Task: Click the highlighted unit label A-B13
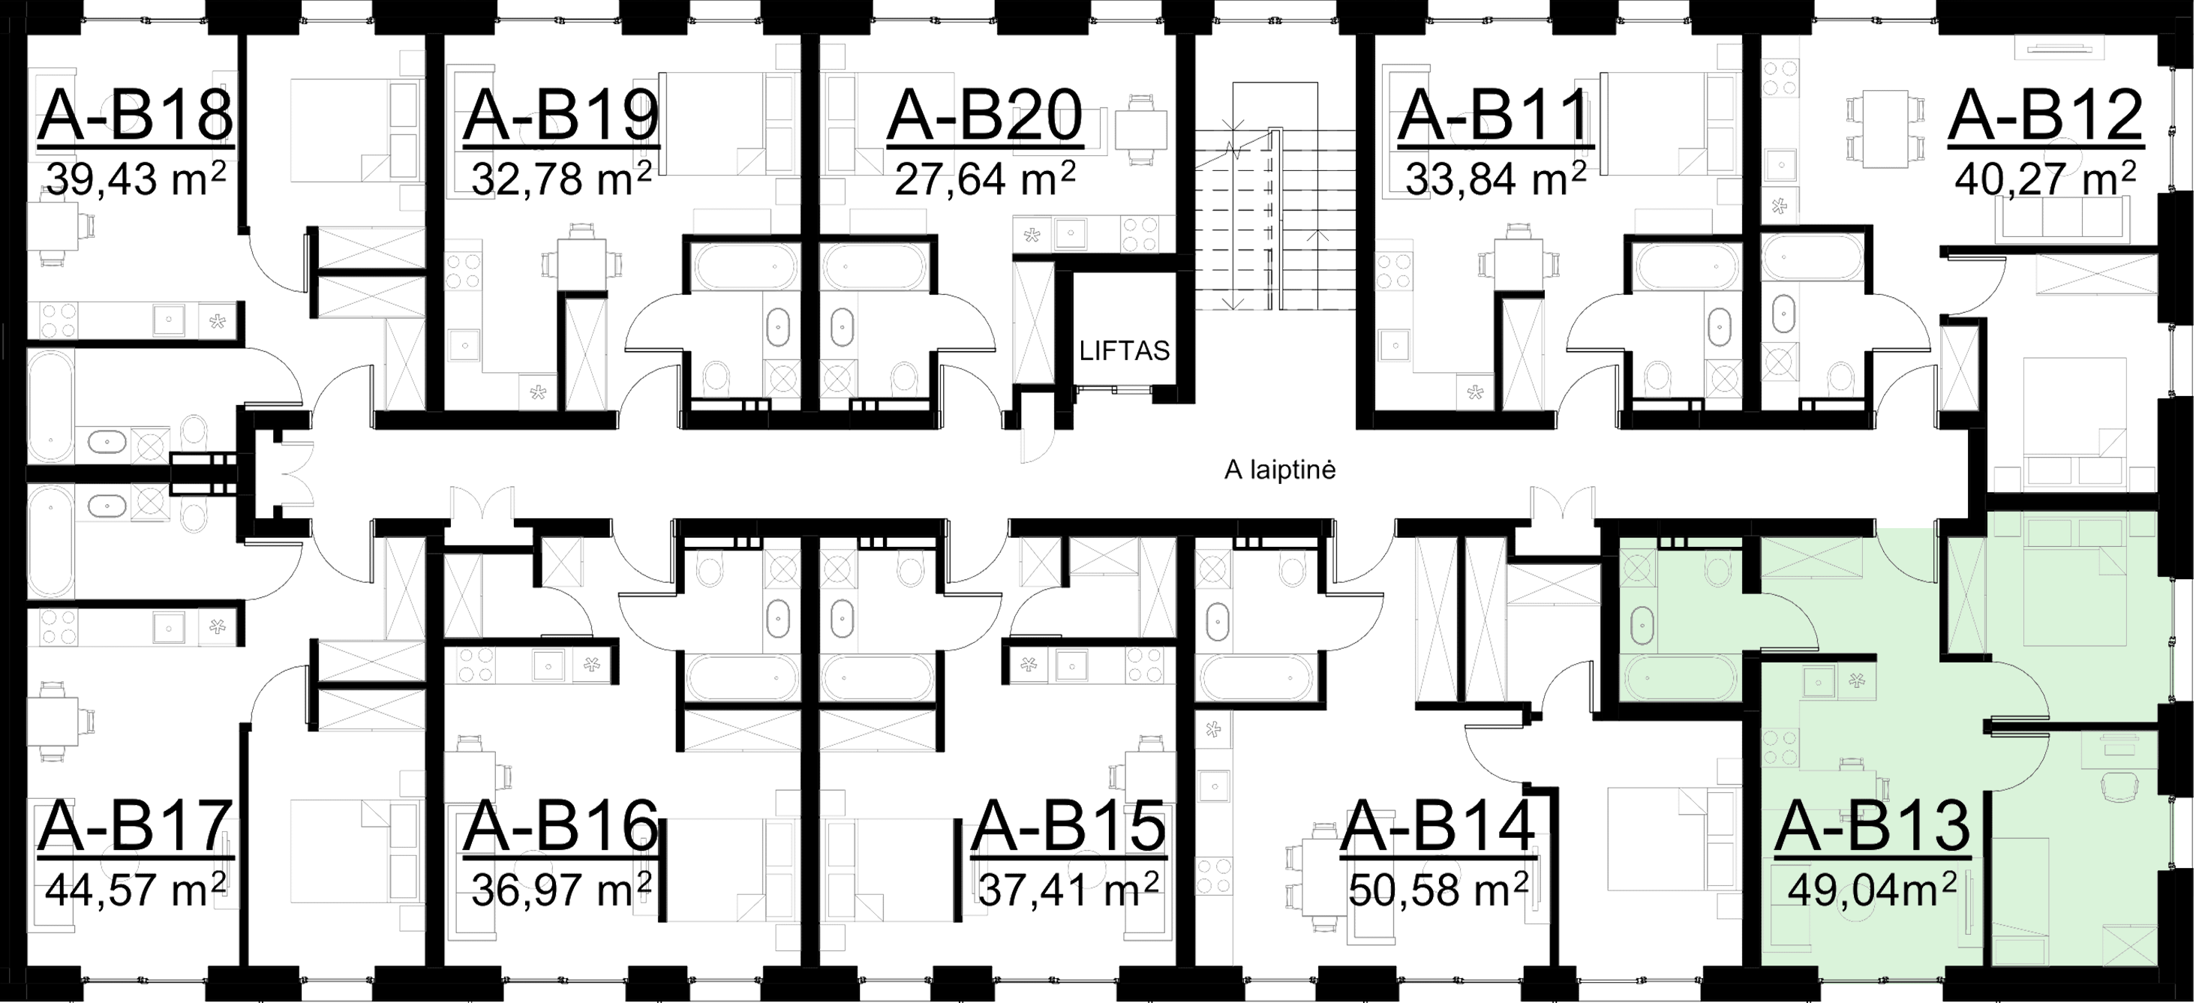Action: pyautogui.click(x=1872, y=827)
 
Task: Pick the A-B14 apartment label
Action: pyautogui.click(x=1441, y=827)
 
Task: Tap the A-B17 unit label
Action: pyautogui.click(x=135, y=827)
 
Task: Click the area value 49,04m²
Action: pyautogui.click(x=1872, y=892)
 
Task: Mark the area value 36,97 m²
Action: pyautogui.click(x=562, y=892)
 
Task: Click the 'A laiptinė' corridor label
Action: pyautogui.click(x=1278, y=470)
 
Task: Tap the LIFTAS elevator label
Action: pyautogui.click(x=1124, y=352)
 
